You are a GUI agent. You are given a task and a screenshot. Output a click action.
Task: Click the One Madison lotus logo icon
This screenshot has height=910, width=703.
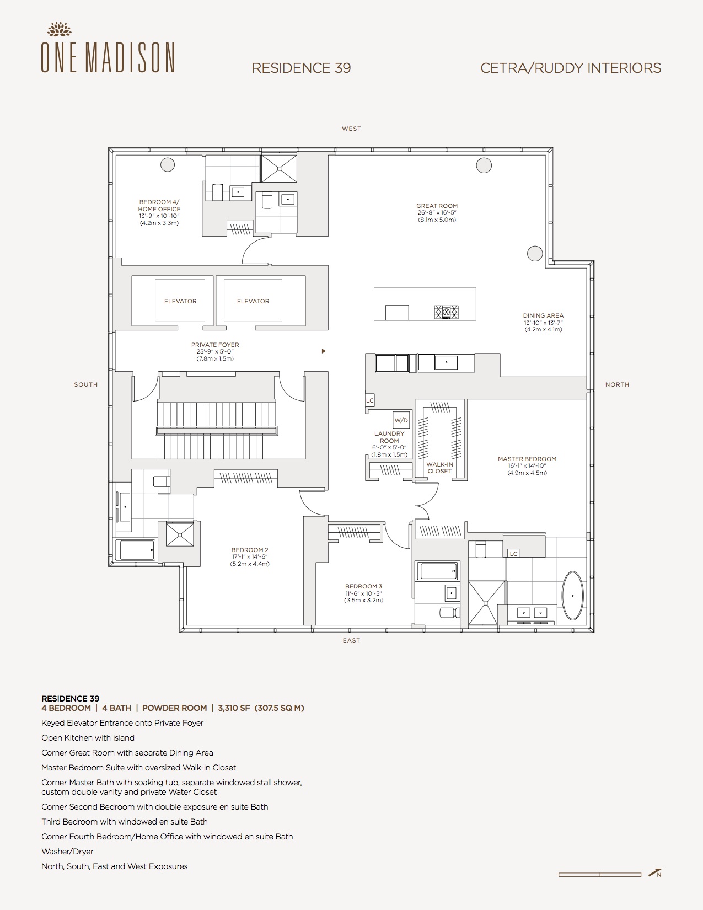pos(59,29)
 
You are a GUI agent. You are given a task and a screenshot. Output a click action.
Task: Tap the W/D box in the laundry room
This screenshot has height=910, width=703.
pos(401,420)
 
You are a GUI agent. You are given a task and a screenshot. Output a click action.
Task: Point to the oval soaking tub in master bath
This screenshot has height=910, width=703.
pos(572,596)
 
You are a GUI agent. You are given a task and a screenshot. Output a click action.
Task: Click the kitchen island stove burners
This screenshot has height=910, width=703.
pos(446,312)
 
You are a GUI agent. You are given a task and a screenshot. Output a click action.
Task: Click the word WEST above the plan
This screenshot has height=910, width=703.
pos(351,129)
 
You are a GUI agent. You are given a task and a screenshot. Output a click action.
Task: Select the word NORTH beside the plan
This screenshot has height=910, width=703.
pos(617,384)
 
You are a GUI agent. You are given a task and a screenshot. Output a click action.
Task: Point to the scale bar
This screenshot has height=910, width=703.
pos(599,874)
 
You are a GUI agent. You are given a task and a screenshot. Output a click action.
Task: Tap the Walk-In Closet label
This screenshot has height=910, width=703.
pos(439,468)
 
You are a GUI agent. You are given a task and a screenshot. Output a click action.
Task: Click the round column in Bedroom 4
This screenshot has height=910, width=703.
pos(168,164)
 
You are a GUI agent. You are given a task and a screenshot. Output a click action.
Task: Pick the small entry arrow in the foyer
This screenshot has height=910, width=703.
pos(324,351)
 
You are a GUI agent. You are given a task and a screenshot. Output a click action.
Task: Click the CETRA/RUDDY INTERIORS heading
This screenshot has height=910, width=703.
pos(571,68)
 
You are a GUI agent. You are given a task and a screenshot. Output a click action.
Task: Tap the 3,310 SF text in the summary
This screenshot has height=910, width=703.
pos(234,708)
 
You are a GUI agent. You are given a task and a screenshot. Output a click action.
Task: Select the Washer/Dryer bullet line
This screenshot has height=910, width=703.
pos(67,852)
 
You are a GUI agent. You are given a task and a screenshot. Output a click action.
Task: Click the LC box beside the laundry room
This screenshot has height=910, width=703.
pos(370,400)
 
